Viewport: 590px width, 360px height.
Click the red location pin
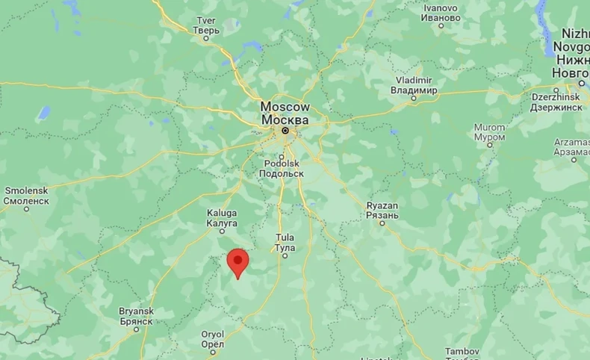pyautogui.click(x=237, y=261)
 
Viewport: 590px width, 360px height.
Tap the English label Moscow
pyautogui.click(x=285, y=107)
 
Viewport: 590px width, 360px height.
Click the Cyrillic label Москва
pyautogui.click(x=285, y=120)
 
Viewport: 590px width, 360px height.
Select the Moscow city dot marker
pyautogui.click(x=285, y=131)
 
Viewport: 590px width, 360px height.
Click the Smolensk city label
pyautogui.click(x=26, y=190)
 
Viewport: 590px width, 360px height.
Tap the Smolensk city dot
pyautogui.click(x=26, y=209)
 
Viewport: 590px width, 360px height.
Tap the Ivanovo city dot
pyautogui.click(x=441, y=26)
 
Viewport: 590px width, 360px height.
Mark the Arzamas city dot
pyautogui.click(x=574, y=158)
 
